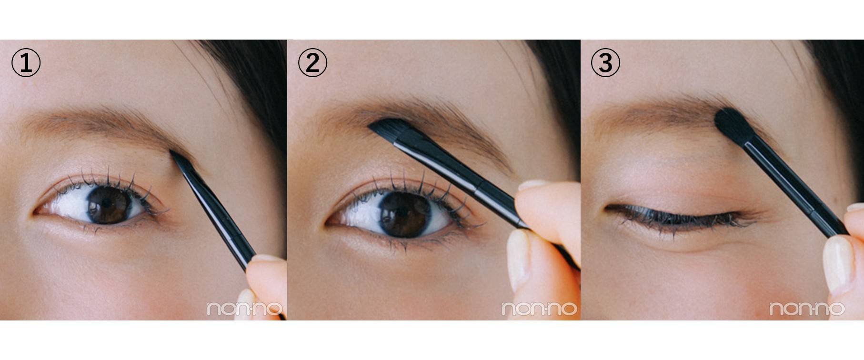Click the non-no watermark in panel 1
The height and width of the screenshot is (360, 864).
[x=245, y=309]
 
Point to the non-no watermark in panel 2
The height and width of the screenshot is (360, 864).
[x=539, y=309]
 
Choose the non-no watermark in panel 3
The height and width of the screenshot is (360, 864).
[x=806, y=309]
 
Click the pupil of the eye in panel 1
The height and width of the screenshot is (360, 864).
[x=105, y=204]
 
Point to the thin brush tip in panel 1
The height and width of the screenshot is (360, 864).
[x=180, y=161]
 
